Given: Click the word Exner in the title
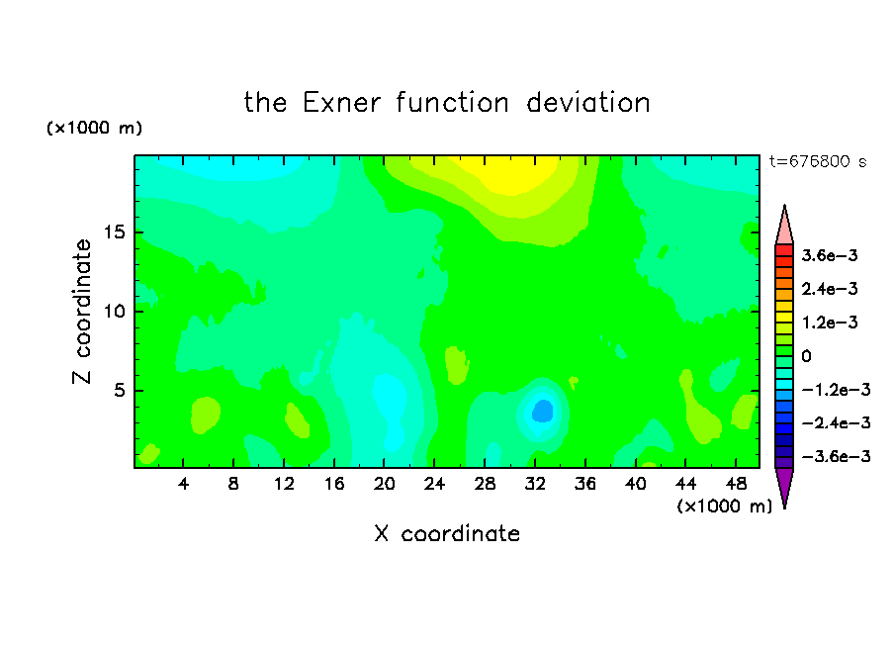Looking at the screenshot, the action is click(x=341, y=103).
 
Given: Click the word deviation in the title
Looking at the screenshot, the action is click(x=587, y=103).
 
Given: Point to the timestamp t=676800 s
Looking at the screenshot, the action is click(x=818, y=161).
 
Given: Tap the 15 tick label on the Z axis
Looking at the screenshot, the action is click(x=114, y=232).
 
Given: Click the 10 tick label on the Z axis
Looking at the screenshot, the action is click(x=114, y=311).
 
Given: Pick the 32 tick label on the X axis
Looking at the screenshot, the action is click(x=535, y=484).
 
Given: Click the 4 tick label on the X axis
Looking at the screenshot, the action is click(x=183, y=484).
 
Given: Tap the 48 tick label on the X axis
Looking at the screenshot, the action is click(x=736, y=484).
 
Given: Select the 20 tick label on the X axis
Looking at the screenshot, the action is click(x=385, y=484).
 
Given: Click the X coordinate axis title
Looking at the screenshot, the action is click(x=447, y=533).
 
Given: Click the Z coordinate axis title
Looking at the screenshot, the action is click(x=82, y=312).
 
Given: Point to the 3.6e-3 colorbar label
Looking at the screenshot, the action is click(x=830, y=255).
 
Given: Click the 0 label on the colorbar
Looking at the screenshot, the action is click(x=806, y=356).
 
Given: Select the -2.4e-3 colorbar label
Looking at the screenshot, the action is click(x=836, y=422).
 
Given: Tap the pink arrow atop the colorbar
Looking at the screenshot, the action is click(x=784, y=226).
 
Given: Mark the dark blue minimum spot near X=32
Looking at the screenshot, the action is click(x=543, y=411).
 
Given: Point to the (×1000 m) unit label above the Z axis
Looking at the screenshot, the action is click(x=94, y=128).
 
